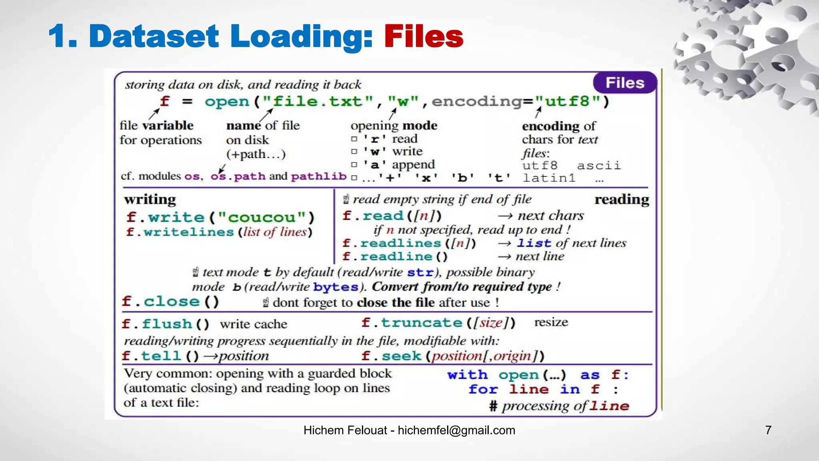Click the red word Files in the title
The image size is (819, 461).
tap(423, 36)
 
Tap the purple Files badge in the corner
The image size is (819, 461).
tap(625, 83)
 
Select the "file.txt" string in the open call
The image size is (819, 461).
tap(318, 101)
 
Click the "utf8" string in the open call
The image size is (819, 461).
tap(567, 101)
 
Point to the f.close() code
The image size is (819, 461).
tap(170, 301)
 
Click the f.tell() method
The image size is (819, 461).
tap(160, 356)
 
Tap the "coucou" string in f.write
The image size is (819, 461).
tap(262, 217)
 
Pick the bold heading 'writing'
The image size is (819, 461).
tap(150, 199)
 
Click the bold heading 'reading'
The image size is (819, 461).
tap(621, 199)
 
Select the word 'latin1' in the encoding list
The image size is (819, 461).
tap(549, 178)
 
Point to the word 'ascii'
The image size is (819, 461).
tap(599, 165)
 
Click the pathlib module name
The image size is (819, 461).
tap(318, 176)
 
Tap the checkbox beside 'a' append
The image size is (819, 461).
tap(354, 164)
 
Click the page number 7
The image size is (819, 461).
tap(768, 430)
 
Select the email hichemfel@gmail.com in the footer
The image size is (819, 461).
tap(456, 430)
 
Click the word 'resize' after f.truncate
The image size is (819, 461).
tap(551, 322)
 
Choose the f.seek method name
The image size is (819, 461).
tap(392, 356)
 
